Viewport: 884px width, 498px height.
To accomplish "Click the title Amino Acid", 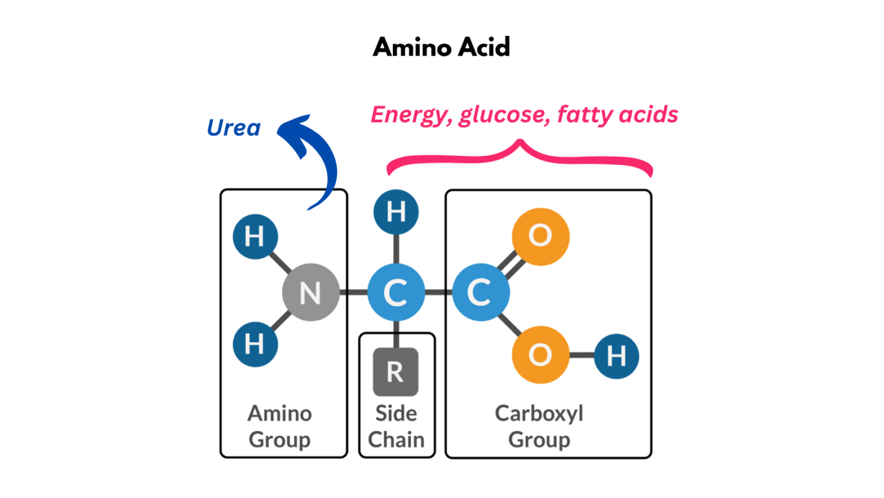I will point(441,47).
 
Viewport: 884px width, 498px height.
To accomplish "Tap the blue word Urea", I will point(233,128).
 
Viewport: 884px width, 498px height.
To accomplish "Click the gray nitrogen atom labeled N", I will point(310,293).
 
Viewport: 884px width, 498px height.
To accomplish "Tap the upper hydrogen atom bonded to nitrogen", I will point(254,238).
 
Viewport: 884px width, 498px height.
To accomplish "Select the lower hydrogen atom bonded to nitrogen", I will point(254,345).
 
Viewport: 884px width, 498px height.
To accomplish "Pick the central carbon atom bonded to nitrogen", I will point(396,293).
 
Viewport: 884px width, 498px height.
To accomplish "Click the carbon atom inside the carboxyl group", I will point(481,293).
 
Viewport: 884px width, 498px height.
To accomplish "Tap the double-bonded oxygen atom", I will point(541,236).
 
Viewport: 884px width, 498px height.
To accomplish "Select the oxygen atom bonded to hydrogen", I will point(541,355).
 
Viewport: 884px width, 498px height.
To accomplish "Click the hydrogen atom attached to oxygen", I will point(616,356).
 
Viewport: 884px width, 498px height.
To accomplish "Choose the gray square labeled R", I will point(395,372).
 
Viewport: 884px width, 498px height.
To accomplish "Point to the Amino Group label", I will point(279,427).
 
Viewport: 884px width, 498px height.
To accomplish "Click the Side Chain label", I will point(396,427).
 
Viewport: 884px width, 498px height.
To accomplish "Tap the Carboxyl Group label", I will point(539,427).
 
